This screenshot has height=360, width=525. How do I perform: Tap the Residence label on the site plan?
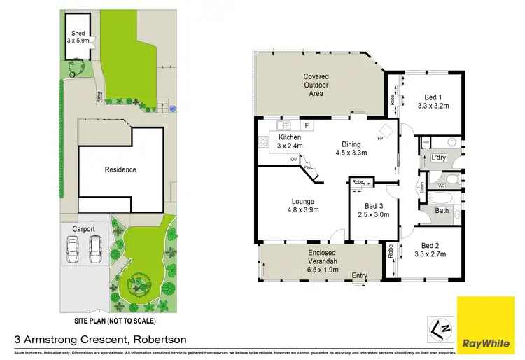tap(120, 169)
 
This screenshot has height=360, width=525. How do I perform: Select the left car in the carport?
tap(73, 249)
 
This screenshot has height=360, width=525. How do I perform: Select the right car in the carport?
tap(95, 249)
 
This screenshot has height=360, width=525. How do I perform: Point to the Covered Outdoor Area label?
tap(316, 85)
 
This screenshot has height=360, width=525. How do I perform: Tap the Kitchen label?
tap(289, 137)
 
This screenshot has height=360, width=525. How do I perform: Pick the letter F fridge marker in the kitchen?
tap(306, 126)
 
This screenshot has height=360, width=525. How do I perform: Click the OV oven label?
tap(293, 159)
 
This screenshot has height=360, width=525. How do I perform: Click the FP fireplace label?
tap(380, 139)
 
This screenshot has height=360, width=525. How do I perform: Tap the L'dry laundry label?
tap(439, 158)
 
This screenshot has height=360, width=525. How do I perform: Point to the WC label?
tap(441, 186)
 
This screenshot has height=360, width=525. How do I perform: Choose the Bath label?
tap(442, 210)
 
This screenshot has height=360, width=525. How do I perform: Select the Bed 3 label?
tap(374, 206)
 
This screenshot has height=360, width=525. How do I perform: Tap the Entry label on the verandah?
tap(360, 275)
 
